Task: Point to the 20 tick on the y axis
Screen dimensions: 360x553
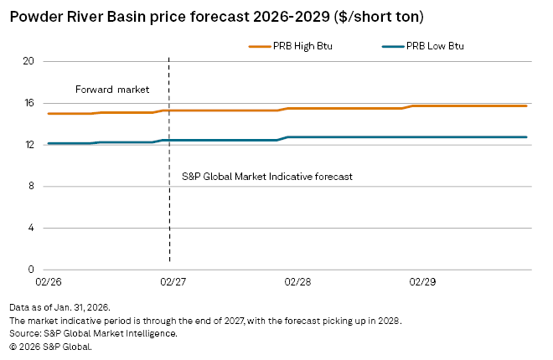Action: click(28, 61)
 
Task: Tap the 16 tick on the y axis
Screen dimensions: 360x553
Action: click(28, 103)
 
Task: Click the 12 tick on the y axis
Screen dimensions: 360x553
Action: click(28, 145)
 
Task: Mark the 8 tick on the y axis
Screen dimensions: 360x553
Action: click(30, 187)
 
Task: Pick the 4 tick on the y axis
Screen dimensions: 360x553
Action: click(30, 228)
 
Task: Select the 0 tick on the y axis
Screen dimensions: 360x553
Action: click(30, 270)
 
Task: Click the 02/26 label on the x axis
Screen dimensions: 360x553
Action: click(48, 283)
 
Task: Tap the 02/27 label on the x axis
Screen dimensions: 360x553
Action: click(173, 283)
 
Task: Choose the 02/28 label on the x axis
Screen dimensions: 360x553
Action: click(298, 283)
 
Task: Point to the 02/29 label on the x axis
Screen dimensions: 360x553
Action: click(423, 283)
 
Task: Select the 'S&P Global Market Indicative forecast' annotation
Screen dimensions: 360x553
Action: click(267, 177)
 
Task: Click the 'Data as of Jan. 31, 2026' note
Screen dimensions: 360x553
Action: click(59, 308)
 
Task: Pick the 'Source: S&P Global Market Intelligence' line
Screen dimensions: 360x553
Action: click(93, 333)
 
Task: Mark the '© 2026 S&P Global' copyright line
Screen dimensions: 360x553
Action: click(50, 346)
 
